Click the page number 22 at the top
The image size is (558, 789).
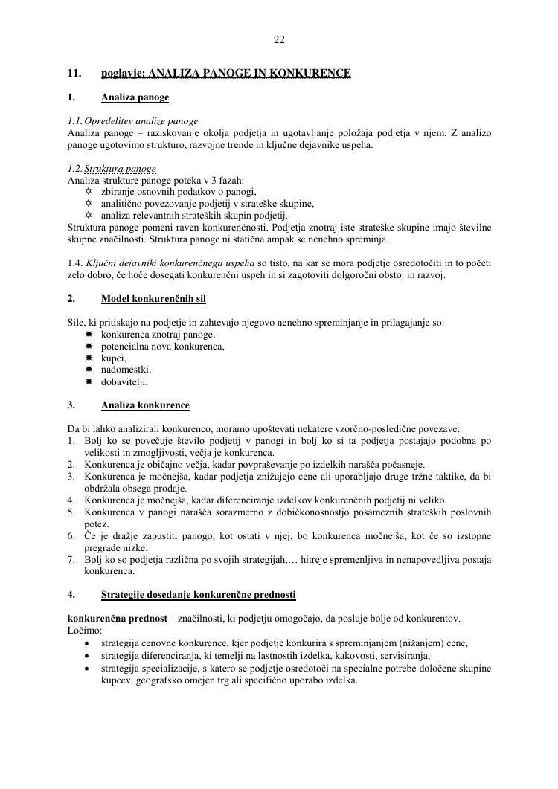(279, 39)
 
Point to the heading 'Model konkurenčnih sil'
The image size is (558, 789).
(153, 299)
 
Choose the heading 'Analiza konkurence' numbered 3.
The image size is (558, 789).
(145, 405)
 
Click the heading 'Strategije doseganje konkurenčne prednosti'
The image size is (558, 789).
(198, 595)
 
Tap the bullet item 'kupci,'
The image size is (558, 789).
(114, 358)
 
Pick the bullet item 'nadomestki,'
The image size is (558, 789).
(126, 370)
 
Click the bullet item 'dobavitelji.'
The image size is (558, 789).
(124, 381)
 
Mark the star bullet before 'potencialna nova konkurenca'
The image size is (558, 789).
(89, 347)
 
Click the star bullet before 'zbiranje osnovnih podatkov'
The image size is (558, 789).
(89, 192)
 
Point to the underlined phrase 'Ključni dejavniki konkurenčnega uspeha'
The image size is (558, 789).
(170, 263)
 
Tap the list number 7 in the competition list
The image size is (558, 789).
(71, 559)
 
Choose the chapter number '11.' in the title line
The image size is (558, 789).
(74, 74)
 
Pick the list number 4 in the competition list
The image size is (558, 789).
(71, 500)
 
